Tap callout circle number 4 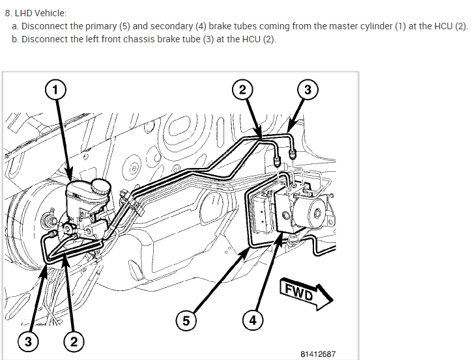click(253, 320)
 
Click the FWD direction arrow click(306, 294)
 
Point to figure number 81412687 click(318, 353)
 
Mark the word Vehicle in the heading click(51, 13)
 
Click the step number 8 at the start click(7, 13)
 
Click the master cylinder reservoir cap click(100, 185)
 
